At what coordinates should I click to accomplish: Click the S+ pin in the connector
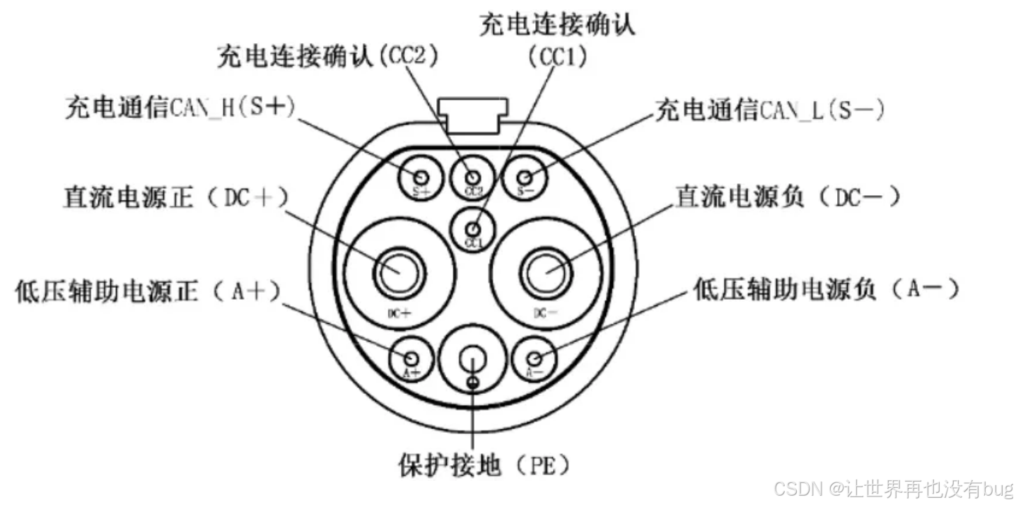point(421,177)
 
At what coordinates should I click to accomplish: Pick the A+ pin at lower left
point(411,357)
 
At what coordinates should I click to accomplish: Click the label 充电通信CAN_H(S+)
point(180,108)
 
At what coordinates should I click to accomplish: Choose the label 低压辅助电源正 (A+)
point(147,291)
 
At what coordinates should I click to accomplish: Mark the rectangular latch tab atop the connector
point(473,111)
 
